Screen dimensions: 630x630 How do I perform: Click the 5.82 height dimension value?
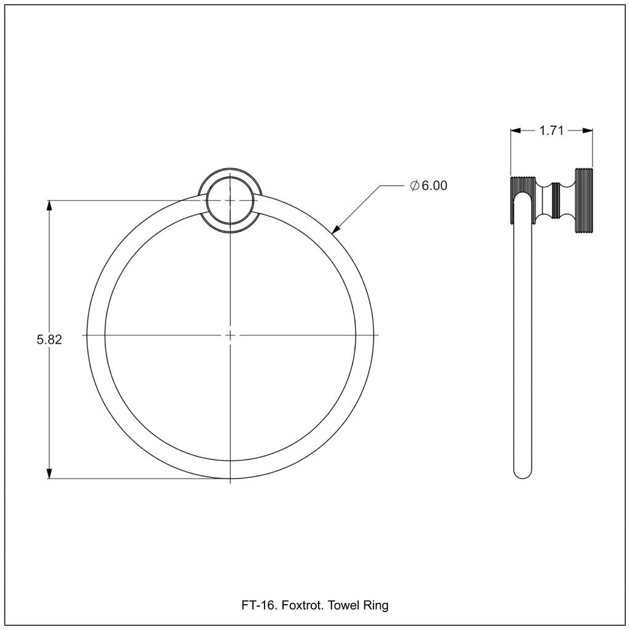click(49, 340)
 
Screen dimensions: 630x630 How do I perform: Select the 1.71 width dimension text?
click(551, 130)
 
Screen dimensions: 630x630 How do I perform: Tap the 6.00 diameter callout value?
click(434, 185)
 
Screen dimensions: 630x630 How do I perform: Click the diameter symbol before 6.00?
click(415, 185)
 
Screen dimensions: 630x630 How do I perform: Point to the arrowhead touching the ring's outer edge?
click(335, 229)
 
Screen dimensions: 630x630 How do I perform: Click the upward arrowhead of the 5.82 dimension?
click(49, 205)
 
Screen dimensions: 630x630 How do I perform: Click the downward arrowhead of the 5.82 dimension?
click(49, 473)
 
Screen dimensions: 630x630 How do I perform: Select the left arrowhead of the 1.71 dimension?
click(516, 130)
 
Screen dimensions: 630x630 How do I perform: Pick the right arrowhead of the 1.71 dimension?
click(588, 130)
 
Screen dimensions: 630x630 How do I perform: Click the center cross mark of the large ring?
click(230, 335)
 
